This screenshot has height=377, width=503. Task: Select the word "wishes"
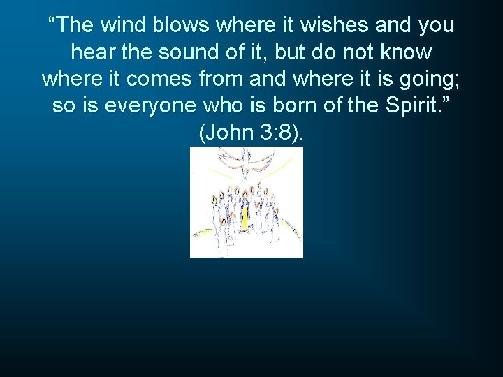(335, 25)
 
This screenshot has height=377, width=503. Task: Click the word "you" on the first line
(436, 25)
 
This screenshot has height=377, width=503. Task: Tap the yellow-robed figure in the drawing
(245, 214)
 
